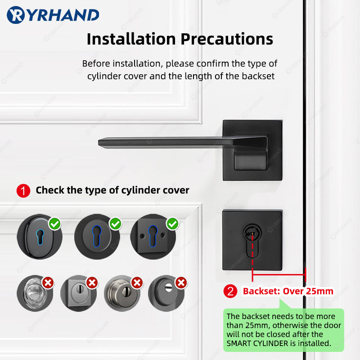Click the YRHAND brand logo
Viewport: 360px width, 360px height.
click(53, 15)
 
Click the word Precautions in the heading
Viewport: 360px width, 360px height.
click(227, 39)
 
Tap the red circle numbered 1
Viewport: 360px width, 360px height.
click(23, 190)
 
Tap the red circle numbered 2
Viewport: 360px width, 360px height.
click(231, 291)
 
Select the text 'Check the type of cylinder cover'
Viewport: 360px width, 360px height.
click(112, 190)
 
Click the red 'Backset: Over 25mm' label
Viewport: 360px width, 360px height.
click(288, 291)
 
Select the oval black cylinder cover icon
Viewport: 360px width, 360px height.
click(35, 237)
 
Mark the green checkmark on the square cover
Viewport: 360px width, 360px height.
click(172, 223)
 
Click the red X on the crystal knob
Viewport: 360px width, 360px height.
click(48, 283)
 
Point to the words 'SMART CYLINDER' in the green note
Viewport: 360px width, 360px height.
click(255, 343)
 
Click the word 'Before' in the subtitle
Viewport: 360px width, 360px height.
click(95, 63)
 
